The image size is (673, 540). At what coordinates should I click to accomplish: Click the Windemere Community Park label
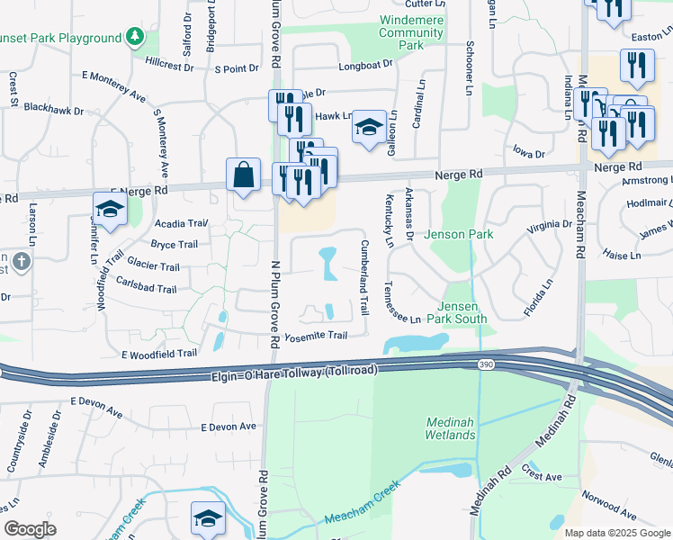pos(413,32)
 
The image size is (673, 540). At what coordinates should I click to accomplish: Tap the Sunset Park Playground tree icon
pos(135,37)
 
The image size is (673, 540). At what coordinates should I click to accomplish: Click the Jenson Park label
pos(459,234)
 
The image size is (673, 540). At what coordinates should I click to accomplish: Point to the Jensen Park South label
pos(462,312)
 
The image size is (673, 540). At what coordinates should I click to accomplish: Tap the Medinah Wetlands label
pos(450,428)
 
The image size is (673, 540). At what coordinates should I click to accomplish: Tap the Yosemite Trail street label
pos(316,336)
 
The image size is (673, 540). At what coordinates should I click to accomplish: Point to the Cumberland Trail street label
pos(365,276)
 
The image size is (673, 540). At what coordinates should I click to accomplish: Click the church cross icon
pos(22,262)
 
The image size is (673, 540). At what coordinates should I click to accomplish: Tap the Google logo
pos(30,529)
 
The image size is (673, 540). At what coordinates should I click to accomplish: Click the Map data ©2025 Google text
pos(616,533)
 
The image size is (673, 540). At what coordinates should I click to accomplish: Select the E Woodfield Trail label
pos(158,354)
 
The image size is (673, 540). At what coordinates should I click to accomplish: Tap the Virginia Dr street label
pos(549,226)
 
